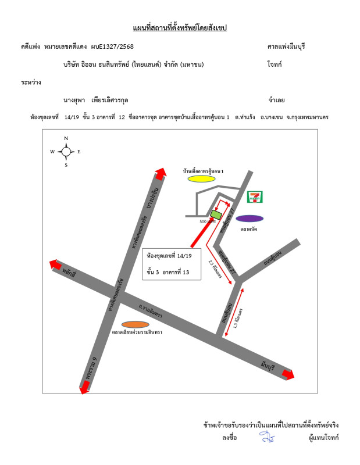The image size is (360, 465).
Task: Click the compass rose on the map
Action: tap(66, 152)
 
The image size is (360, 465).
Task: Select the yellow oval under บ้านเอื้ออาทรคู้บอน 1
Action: tap(202, 179)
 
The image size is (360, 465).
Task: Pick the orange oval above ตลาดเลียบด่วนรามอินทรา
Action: tap(136, 324)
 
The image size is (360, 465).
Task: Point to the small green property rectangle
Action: tap(215, 214)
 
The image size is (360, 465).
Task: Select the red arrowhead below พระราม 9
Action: tap(85, 388)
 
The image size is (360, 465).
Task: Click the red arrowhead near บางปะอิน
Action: tap(161, 173)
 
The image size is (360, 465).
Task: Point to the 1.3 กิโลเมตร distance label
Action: tap(238, 319)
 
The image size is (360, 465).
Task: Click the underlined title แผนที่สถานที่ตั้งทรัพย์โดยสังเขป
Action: tap(180, 28)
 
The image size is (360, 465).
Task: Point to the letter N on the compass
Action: tap(66, 138)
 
